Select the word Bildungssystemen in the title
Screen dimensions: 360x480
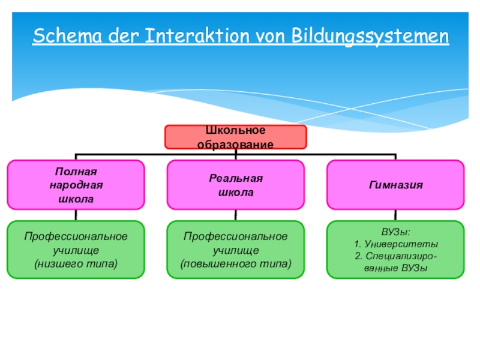[370, 37]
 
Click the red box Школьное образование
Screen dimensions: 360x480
[236, 137]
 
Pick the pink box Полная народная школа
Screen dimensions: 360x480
[76, 184]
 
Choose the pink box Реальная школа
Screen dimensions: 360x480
[236, 184]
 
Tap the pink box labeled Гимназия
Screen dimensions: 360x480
[395, 184]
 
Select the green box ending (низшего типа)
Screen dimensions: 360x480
[76, 250]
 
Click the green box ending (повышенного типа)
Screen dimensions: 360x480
[236, 250]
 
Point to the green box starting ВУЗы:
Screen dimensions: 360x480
[395, 250]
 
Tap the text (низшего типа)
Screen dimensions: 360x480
[76, 263]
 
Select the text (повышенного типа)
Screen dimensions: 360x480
[236, 263]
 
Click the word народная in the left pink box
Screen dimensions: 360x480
[76, 185]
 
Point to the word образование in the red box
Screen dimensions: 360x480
[236, 144]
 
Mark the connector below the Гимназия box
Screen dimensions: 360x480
[395, 214]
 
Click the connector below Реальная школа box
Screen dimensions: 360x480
[236, 214]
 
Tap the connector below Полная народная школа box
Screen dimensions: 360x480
[76, 214]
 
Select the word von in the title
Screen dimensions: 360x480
[271, 37]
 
